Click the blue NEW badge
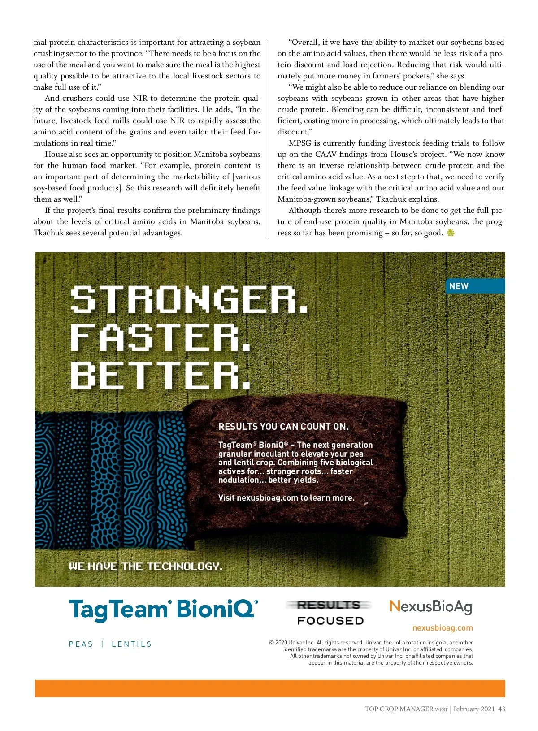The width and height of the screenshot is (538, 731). (474, 286)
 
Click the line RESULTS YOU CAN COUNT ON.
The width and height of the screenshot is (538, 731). (283, 427)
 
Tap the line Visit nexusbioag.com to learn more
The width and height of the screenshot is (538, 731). (286, 498)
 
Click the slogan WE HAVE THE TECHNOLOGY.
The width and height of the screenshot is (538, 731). (145, 567)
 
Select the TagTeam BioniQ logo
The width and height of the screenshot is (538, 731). (163, 610)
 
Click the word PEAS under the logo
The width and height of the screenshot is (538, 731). (81, 644)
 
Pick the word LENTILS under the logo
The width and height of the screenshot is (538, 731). (131, 644)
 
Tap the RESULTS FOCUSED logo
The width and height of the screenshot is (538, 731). (330, 613)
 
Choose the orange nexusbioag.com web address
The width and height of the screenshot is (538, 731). (443, 628)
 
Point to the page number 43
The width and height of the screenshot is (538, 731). (501, 709)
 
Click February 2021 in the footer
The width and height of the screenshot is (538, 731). (473, 709)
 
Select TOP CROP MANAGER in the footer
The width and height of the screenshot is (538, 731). (399, 709)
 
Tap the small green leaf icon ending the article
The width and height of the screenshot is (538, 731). (451, 233)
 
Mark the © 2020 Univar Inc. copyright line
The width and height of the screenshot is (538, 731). (371, 643)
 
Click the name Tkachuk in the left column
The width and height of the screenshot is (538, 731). (48, 233)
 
